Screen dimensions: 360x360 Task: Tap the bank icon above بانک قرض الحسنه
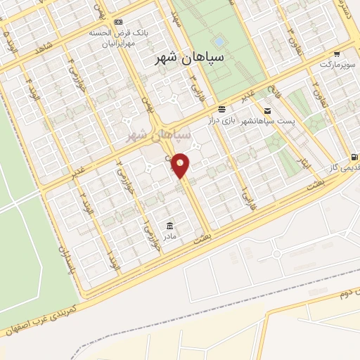(117, 22)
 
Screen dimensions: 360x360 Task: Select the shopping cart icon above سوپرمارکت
(337, 53)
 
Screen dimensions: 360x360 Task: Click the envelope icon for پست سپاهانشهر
(267, 110)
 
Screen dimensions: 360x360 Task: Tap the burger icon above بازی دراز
(221, 108)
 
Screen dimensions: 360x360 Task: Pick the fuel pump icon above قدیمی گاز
(352, 157)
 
